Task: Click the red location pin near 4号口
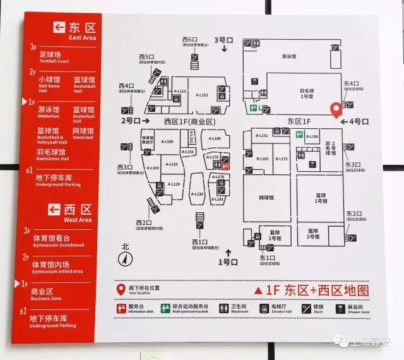336,110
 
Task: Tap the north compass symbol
124,257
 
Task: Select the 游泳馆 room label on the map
288,56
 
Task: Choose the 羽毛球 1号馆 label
306,93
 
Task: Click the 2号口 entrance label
131,119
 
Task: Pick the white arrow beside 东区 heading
59,27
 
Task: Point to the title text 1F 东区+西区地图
311,290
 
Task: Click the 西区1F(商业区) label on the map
190,121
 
